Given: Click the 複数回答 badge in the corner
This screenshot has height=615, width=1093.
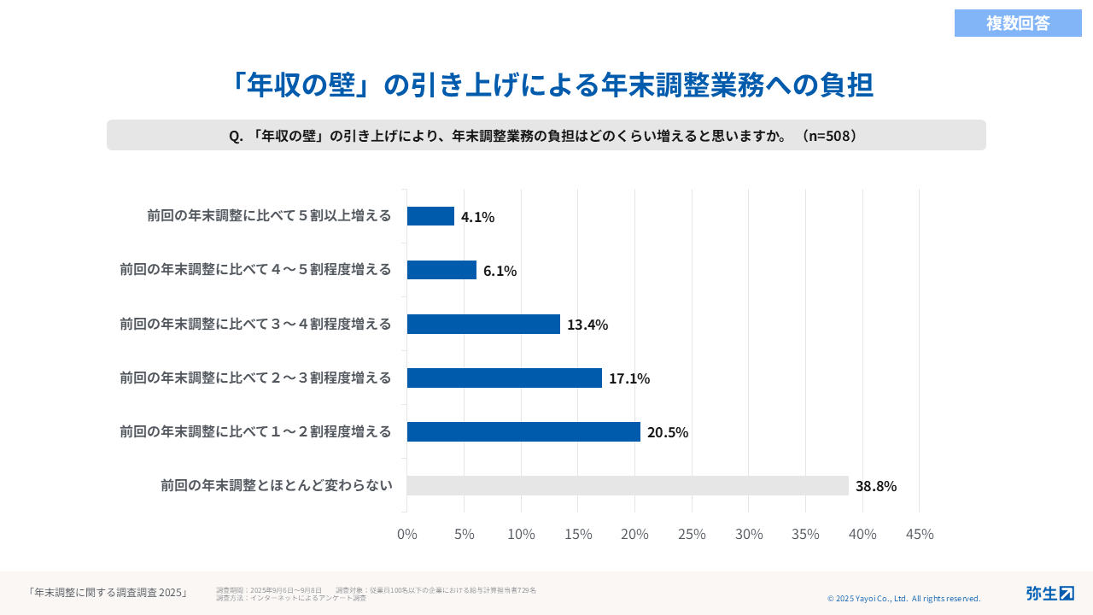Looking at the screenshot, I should coord(1018,23).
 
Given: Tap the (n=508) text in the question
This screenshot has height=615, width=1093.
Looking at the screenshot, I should coord(827,136).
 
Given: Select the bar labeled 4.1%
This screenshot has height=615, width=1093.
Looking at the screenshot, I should coord(430,216).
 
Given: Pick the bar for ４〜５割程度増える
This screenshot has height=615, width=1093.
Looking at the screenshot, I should coord(441,270).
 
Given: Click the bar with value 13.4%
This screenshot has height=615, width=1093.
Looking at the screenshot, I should coord(483,324).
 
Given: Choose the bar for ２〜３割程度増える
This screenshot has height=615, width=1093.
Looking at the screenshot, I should coord(504,378).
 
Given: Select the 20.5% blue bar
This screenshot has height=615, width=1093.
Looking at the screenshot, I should coord(523,431).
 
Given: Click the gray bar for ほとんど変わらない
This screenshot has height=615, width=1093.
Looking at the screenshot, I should coord(628,485).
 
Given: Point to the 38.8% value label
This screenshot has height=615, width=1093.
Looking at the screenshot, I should coord(875,486).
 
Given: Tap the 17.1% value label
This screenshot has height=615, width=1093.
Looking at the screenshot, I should coord(628,378).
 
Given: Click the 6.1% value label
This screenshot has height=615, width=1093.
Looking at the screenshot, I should coord(500,271).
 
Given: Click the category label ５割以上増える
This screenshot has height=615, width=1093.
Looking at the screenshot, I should coord(269,215).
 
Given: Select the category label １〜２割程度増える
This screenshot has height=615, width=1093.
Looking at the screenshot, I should coord(255,431).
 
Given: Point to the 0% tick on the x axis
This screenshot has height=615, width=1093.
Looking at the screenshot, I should coord(407,534).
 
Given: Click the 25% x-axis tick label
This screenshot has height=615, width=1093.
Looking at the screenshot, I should coord(692,534).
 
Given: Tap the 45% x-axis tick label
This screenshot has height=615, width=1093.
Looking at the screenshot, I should coord(919,534).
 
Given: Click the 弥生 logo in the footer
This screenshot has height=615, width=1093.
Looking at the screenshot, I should coord(1049,593).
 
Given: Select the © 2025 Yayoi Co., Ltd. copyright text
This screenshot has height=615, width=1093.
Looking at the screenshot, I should coord(903,599).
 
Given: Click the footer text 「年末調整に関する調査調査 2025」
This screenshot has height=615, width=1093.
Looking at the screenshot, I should coord(108,592).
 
